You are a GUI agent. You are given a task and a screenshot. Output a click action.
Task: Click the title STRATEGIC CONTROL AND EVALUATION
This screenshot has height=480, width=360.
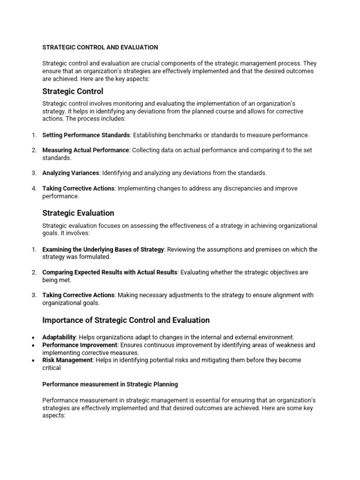[100, 47]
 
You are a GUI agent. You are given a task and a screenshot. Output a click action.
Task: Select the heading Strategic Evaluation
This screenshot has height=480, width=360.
[78, 213]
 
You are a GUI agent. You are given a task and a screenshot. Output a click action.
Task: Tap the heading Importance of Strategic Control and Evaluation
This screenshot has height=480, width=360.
[126, 320]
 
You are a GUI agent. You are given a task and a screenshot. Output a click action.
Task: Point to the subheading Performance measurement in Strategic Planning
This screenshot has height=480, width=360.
[110, 384]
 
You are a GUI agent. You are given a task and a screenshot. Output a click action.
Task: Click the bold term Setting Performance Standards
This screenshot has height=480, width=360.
[86, 135]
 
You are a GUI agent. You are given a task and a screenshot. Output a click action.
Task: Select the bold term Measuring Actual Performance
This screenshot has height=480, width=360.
[85, 150]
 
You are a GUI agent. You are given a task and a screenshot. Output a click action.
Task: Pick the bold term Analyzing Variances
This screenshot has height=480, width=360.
[71, 173]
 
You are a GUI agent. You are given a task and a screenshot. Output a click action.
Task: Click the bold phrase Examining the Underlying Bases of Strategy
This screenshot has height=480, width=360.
[103, 249]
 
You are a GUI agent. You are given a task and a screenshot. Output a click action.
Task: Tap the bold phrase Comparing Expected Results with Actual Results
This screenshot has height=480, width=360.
[110, 272]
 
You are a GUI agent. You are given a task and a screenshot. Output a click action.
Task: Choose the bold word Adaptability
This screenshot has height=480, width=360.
[59, 337]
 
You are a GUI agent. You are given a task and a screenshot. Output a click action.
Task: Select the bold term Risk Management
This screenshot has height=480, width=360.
[67, 360]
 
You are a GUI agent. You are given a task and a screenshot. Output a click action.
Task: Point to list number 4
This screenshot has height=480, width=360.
[34, 188]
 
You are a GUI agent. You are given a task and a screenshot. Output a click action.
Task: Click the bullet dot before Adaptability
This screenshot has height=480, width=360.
[33, 337]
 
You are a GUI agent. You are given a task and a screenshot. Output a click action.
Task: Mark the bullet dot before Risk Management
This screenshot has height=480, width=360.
[33, 360]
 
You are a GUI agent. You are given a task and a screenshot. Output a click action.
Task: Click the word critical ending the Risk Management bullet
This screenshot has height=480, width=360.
[52, 368]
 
